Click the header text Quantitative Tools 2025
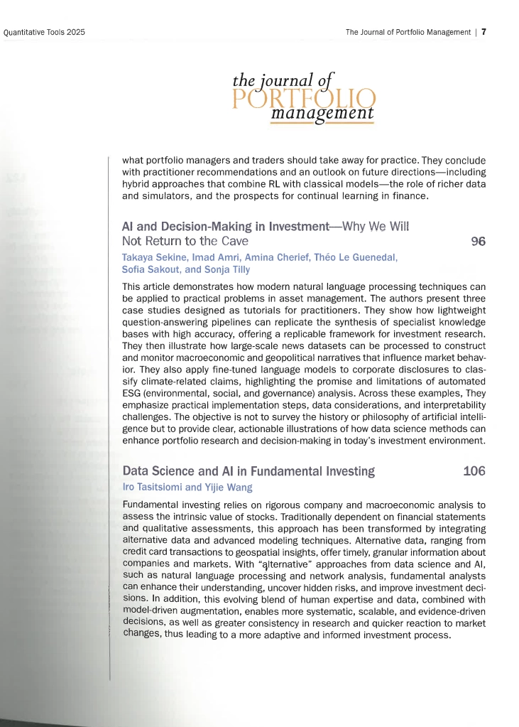pyautogui.click(x=44, y=33)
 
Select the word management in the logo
pyautogui.click(x=322, y=114)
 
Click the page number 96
pyautogui.click(x=478, y=241)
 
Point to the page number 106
pyautogui.click(x=474, y=471)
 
